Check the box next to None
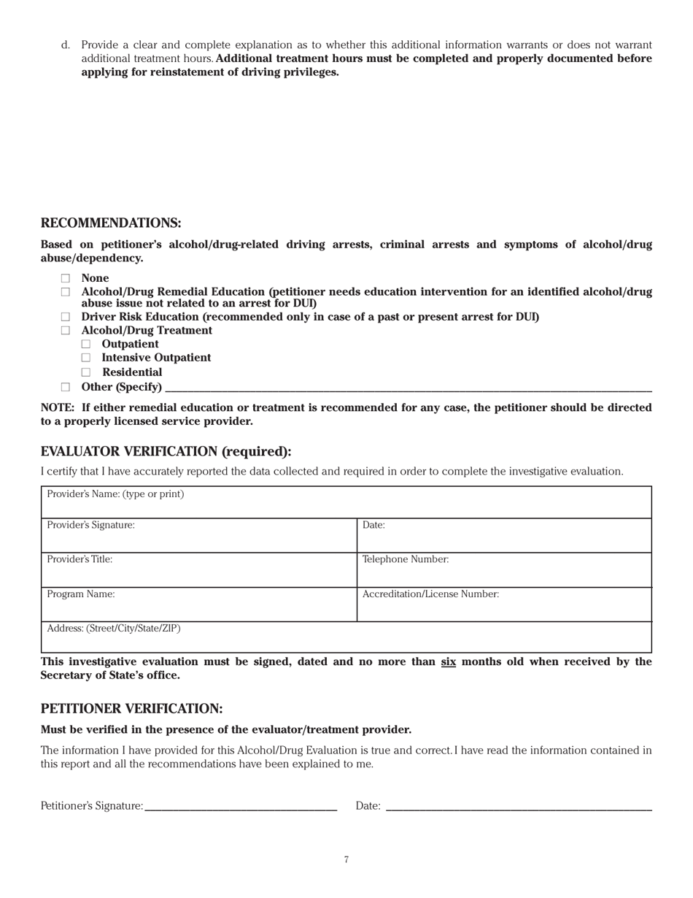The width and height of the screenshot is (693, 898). point(66,278)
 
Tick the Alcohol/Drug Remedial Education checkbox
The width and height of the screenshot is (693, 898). point(66,292)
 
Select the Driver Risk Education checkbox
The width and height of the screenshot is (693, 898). point(66,317)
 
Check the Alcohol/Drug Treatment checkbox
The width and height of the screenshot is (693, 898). point(66,331)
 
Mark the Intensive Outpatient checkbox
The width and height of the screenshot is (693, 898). point(86,358)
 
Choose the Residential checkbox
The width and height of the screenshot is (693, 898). point(86,372)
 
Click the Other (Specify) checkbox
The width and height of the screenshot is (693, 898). point(66,387)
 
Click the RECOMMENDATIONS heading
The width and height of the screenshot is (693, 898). point(111,223)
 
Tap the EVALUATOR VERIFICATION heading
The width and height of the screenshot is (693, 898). point(166,452)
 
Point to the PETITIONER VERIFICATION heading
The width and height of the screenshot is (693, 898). point(131,709)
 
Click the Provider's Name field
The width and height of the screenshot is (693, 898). point(346,505)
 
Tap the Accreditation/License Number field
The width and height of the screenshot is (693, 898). point(503,608)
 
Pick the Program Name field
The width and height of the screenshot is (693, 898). point(198,608)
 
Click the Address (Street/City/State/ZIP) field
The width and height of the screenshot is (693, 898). point(346,640)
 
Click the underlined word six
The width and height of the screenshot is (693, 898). point(448,662)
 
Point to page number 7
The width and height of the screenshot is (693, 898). point(346,860)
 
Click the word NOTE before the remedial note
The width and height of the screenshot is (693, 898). point(57,407)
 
